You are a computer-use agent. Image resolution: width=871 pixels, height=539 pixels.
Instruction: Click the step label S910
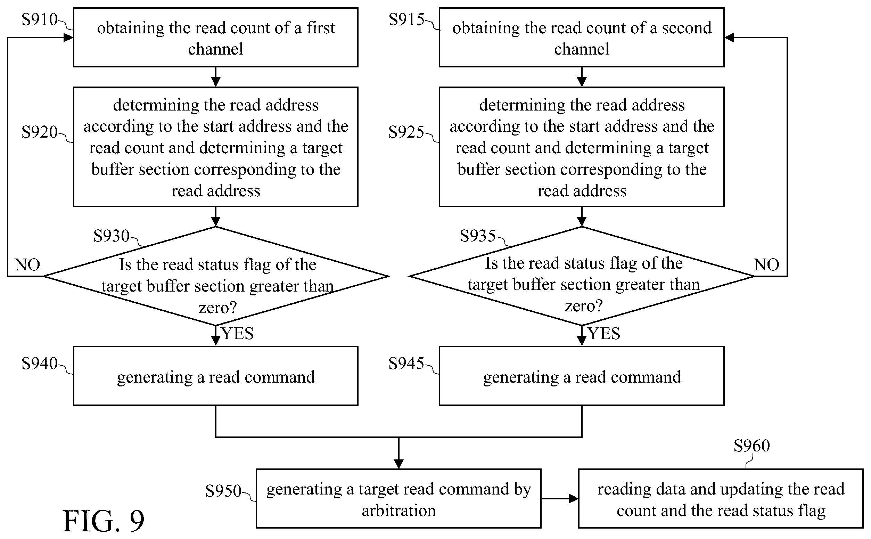[40, 19]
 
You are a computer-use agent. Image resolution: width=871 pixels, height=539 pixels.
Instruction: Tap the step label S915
[406, 19]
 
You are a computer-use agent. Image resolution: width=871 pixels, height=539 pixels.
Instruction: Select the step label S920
[40, 132]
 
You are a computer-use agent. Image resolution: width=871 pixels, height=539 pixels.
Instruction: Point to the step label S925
[406, 132]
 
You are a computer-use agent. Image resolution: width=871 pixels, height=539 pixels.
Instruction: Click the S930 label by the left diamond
[111, 236]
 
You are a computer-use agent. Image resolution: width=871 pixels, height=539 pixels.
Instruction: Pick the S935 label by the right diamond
[478, 236]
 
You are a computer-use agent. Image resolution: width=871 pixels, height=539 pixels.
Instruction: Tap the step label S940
[40, 363]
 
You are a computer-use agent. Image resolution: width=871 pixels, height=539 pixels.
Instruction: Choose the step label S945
[406, 363]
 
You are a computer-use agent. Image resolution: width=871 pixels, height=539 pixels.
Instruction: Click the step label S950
[223, 491]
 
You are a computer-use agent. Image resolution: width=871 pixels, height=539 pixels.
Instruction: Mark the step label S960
[751, 446]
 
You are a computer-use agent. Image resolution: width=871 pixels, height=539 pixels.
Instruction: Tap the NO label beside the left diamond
[27, 265]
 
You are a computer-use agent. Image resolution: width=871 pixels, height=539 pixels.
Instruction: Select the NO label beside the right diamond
[766, 265]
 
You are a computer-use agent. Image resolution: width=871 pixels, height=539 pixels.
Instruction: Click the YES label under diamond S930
[238, 334]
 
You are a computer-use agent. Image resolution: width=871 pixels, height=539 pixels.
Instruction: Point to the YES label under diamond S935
[604, 334]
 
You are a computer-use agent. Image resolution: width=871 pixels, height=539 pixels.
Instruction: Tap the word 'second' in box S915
[687, 28]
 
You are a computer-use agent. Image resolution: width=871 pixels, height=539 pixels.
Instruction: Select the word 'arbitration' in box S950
[399, 511]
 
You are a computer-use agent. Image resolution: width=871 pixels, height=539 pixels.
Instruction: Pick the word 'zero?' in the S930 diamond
[218, 308]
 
